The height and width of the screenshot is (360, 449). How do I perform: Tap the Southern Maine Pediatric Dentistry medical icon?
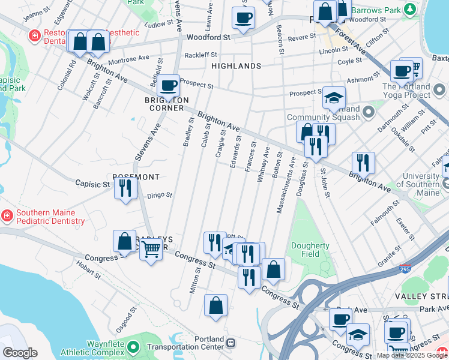click(7, 215)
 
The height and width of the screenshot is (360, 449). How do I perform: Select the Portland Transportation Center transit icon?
click(231, 342)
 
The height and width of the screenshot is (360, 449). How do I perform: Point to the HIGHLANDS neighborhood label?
click(236, 66)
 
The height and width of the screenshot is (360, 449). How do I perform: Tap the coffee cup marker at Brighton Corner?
click(169, 86)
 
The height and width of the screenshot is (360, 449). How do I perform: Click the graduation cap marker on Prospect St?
click(334, 98)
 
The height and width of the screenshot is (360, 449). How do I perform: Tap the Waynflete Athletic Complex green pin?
click(134, 346)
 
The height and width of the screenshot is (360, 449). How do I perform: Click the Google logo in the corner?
click(19, 353)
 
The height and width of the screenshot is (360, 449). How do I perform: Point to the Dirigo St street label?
click(160, 195)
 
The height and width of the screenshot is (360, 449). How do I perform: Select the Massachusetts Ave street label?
click(285, 185)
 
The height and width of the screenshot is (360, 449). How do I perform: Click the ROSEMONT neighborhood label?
click(136, 177)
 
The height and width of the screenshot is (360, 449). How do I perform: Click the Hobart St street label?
click(88, 271)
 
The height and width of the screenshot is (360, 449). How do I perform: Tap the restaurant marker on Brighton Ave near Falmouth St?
click(363, 162)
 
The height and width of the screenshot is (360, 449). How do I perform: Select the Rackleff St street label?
click(200, 55)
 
